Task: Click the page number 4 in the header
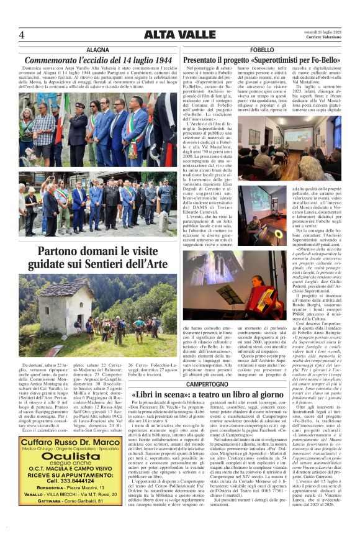pyautogui.click(x=22, y=35)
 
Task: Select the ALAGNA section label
pyautogui.click(x=97, y=49)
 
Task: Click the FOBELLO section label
pyautogui.click(x=262, y=49)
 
